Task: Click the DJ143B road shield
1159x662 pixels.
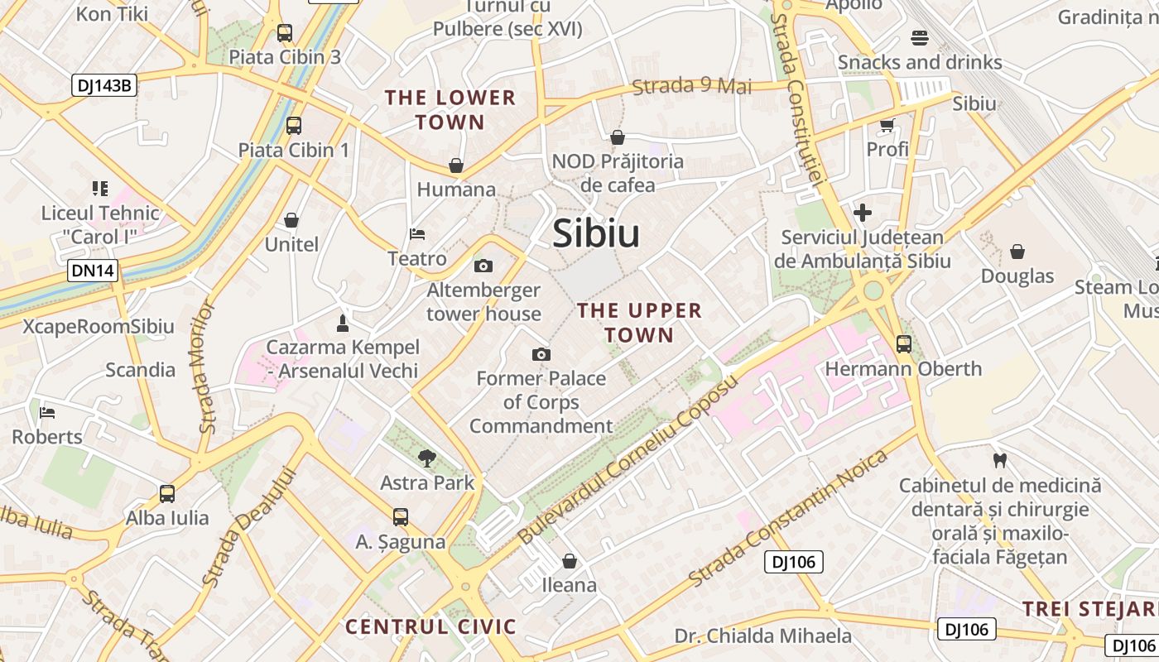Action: [x=103, y=84]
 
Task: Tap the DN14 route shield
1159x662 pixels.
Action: [x=93, y=271]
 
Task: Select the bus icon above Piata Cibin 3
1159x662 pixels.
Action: [x=285, y=33]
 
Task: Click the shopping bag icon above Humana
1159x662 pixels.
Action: [x=455, y=165]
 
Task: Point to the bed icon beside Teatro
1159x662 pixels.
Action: [x=417, y=235]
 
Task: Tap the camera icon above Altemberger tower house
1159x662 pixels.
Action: [x=483, y=266]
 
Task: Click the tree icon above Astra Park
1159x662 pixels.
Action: [x=427, y=458]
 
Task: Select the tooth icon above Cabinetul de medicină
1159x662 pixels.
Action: [x=999, y=460]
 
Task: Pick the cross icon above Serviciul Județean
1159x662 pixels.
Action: [x=863, y=213]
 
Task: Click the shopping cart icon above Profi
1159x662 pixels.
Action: [x=887, y=126]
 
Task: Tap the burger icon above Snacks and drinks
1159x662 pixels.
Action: [x=919, y=38]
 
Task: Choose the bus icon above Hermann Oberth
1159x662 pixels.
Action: [x=903, y=344]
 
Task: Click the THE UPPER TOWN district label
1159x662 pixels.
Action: [x=639, y=323]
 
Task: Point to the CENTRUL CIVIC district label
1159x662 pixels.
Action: [x=430, y=626]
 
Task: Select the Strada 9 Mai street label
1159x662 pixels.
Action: [x=692, y=85]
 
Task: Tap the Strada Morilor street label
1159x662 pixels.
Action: [x=206, y=367]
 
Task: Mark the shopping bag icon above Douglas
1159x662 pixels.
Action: [x=1017, y=252]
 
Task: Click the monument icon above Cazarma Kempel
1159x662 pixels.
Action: [x=343, y=322]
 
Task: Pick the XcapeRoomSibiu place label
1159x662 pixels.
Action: [x=99, y=326]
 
